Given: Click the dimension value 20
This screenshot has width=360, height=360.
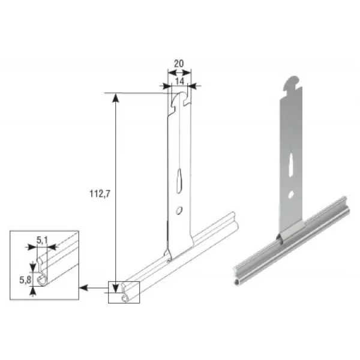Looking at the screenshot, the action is click(x=179, y=64).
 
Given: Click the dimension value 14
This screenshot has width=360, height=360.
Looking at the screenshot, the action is click(x=179, y=81).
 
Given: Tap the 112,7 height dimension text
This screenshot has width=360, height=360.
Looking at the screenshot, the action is click(x=100, y=194).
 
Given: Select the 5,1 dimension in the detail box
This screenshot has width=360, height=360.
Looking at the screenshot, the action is click(x=42, y=241).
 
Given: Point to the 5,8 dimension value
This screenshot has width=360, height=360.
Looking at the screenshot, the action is click(x=25, y=280).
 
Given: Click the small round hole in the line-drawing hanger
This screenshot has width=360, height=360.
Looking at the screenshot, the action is click(x=178, y=211).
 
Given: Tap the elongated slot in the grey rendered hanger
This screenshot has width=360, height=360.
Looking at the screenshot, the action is click(x=290, y=164).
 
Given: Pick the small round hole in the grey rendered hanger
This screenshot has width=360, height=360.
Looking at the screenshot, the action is click(x=291, y=194).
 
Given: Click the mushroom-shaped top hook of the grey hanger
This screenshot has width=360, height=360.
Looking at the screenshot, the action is click(x=293, y=83).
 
